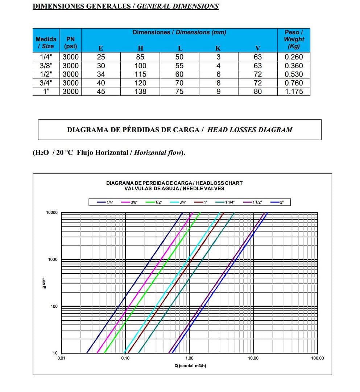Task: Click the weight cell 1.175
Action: [294, 91]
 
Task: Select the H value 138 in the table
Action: [140, 91]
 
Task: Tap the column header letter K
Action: [218, 48]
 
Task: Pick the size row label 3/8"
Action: [46, 66]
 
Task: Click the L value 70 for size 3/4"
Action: [179, 83]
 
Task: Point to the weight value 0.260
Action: [294, 57]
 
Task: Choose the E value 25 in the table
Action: [101, 57]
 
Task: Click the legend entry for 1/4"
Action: [105, 202]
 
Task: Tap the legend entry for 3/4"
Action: [178, 202]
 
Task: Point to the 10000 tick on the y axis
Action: [52, 213]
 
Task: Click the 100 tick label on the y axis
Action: [54, 306]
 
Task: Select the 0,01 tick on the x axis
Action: [61, 358]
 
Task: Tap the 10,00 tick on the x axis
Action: [253, 358]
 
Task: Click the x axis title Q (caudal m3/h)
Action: [190, 366]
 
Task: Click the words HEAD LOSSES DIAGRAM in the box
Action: [249, 130]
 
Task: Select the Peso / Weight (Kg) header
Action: [294, 39]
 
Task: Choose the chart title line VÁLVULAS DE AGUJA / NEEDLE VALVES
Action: [174, 188]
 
